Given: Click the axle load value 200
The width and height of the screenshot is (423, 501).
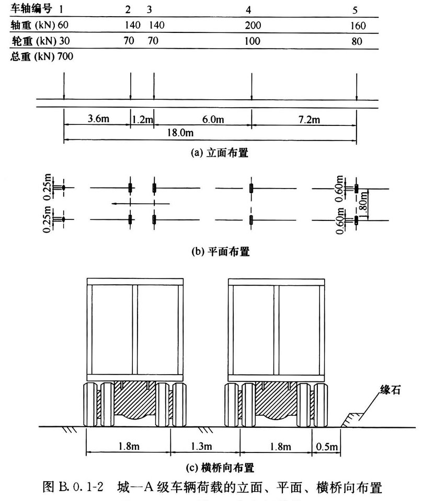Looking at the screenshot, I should coord(253,25).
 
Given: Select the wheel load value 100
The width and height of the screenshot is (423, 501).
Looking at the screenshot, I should coord(253,41).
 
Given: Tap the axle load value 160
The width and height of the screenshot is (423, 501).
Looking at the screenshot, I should coord(358,25).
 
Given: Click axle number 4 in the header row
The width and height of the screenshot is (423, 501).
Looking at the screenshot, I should coord(252,9).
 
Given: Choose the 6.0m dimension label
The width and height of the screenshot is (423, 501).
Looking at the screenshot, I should coord(213,120).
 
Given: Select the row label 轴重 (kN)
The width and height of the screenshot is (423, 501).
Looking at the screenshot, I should coord(32,25).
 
